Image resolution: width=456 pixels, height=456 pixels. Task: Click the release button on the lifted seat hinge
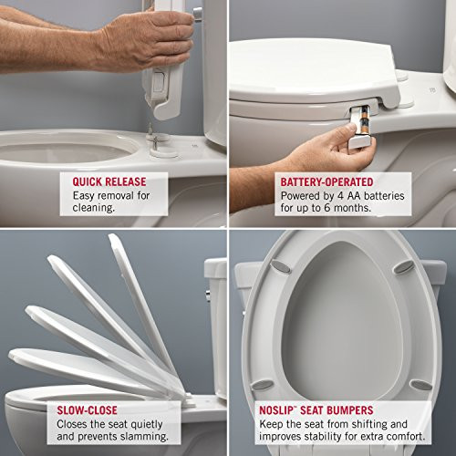(x=156, y=82)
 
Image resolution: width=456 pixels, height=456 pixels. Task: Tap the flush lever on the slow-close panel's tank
(x=209, y=295)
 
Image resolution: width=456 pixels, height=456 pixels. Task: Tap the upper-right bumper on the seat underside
(x=401, y=267)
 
